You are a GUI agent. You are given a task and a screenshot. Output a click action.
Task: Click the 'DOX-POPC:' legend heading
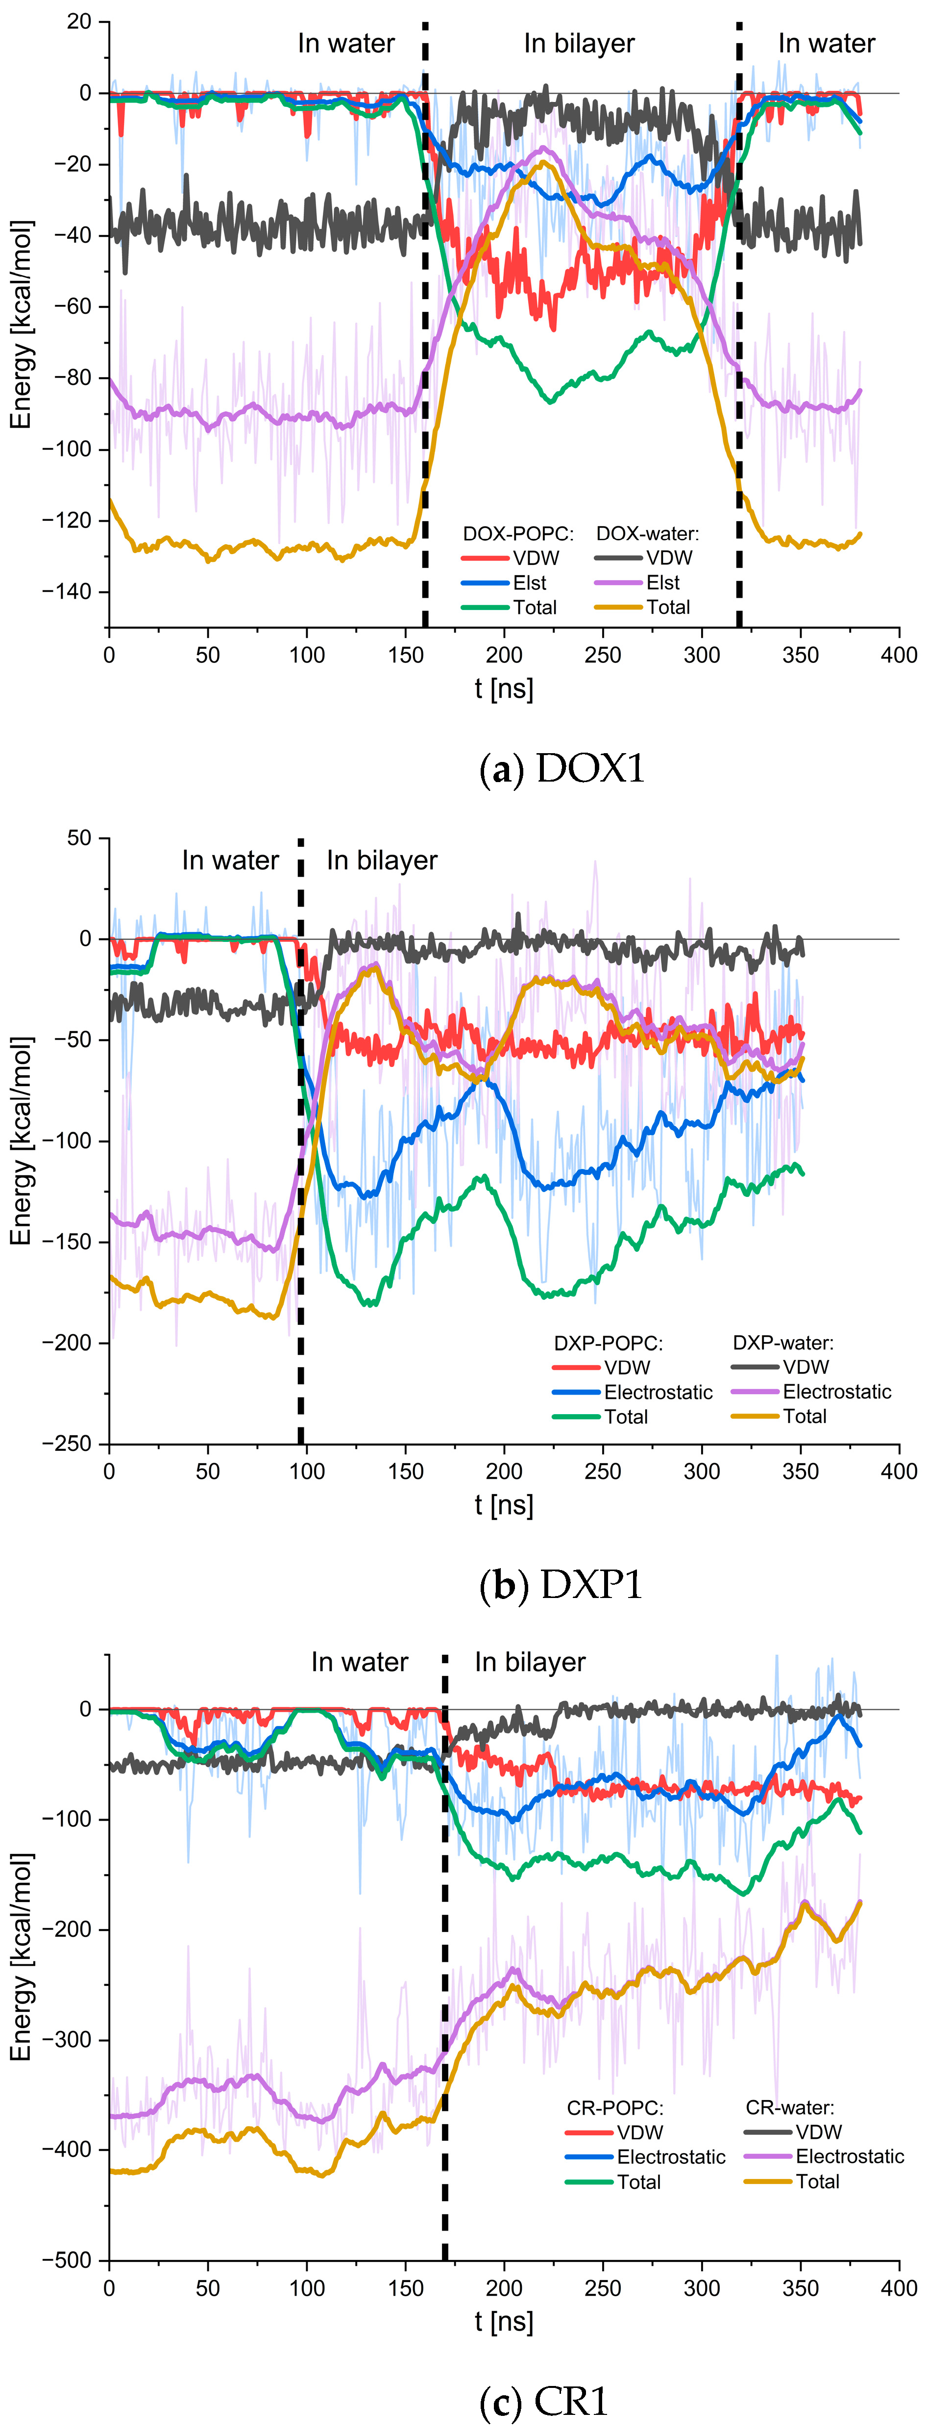coord(518,533)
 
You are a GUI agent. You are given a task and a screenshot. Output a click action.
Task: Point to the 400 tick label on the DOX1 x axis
coord(898,655)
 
